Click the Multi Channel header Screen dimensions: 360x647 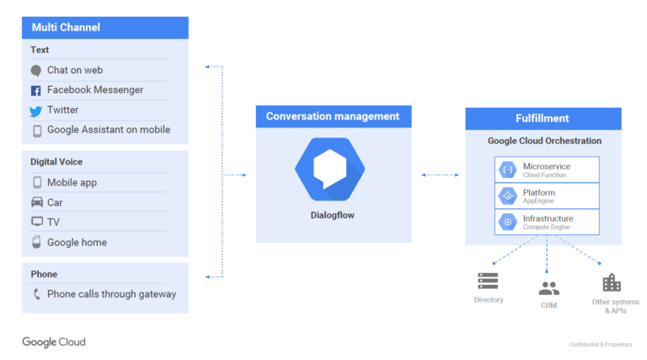104,28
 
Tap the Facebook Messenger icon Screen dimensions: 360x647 36,90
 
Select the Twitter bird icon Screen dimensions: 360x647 36,110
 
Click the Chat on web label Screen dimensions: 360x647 75,70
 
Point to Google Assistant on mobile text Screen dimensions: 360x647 109,130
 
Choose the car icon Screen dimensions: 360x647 37,202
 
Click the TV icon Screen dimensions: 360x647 37,222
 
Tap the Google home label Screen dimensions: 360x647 77,242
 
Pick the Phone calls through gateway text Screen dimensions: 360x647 111,294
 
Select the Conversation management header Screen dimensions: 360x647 333,116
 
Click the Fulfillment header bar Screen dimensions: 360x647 543,118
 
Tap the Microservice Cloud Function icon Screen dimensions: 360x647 508,169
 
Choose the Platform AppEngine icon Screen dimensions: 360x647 508,196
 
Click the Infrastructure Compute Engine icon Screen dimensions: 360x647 508,222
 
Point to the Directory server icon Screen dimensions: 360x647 488,282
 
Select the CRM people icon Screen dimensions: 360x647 548,288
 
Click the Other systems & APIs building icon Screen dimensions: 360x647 612,282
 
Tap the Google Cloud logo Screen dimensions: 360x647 54,342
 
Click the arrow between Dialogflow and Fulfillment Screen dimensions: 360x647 439,175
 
